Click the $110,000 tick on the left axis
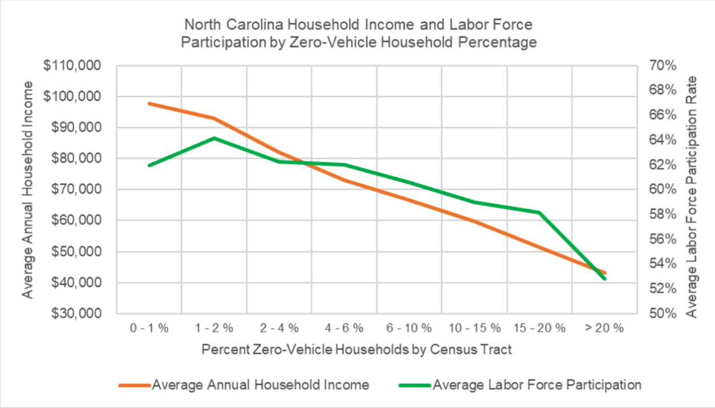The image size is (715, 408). (x=72, y=66)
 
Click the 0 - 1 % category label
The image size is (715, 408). (x=149, y=328)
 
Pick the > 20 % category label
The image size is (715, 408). (x=604, y=328)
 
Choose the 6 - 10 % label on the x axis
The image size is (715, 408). (x=409, y=328)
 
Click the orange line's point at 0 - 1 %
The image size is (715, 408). (x=149, y=104)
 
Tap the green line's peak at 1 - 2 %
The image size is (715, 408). (x=214, y=138)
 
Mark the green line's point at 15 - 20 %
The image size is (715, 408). (x=539, y=212)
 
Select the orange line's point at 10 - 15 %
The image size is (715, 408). (x=474, y=221)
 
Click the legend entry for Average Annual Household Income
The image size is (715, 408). (x=260, y=385)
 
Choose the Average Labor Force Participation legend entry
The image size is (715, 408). (x=536, y=385)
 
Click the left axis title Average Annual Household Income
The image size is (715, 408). (x=28, y=189)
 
